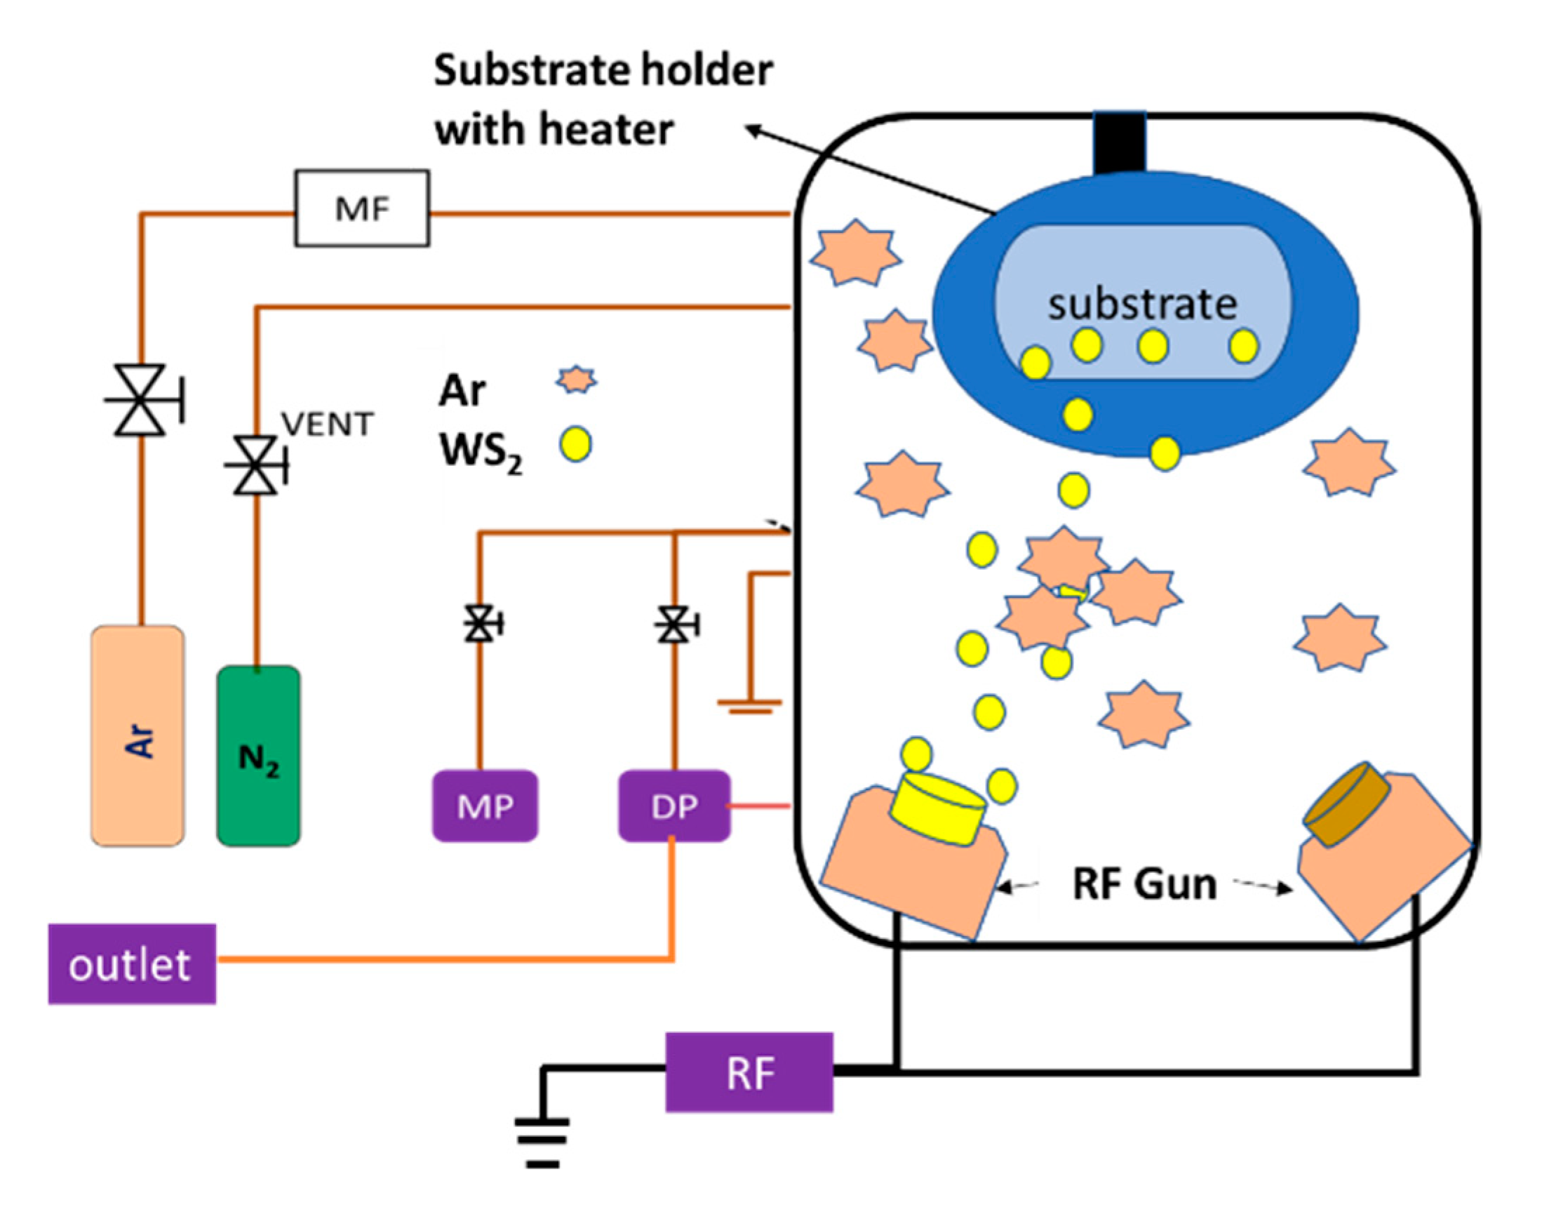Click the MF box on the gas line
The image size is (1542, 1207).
(x=362, y=208)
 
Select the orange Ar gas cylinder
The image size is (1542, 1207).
(x=138, y=735)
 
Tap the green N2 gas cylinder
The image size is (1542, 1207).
(x=259, y=756)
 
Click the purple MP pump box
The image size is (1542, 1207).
(x=485, y=806)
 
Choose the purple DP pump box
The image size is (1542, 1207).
(x=675, y=806)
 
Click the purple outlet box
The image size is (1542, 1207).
(x=131, y=964)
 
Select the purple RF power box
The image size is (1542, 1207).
(x=749, y=1073)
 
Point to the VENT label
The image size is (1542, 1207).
(x=327, y=425)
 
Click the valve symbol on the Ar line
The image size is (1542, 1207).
(x=141, y=401)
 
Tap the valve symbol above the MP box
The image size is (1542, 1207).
(x=481, y=624)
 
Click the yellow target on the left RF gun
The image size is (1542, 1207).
(x=938, y=808)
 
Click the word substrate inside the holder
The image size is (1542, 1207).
(x=1142, y=305)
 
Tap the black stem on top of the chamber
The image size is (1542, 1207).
(x=1120, y=142)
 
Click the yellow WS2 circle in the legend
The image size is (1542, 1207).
(x=576, y=444)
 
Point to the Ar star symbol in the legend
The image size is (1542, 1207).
(x=576, y=380)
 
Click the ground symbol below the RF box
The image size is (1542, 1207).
(x=542, y=1142)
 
